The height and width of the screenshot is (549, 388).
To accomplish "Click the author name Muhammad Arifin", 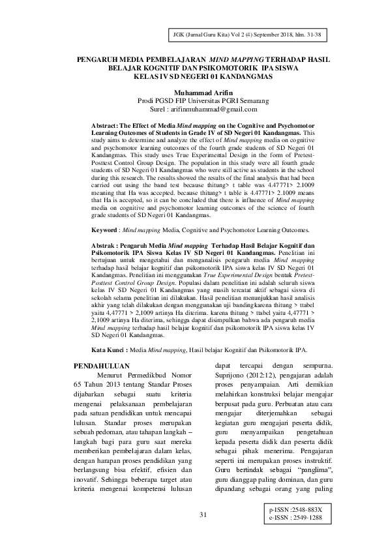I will click(x=194, y=93).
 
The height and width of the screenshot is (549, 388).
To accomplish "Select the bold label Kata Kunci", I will click(x=107, y=349).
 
